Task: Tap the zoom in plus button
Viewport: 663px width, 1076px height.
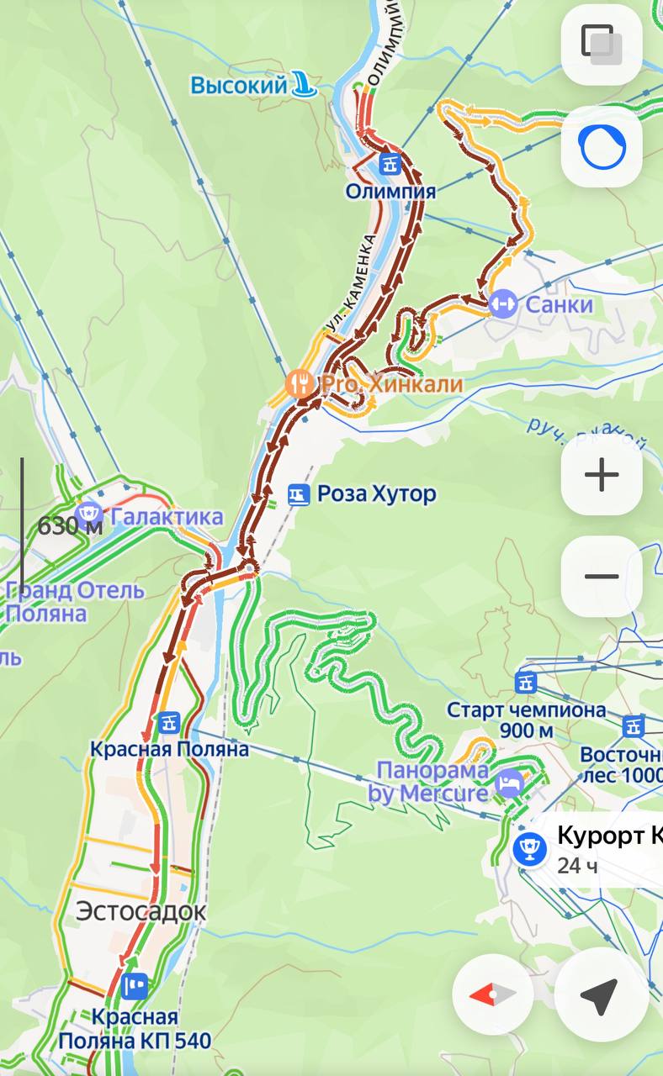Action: (602, 475)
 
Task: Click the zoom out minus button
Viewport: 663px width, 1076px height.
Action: (602, 577)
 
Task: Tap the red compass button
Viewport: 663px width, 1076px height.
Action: (492, 995)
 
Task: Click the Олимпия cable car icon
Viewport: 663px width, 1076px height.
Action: (390, 163)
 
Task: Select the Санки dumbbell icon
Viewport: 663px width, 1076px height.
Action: (502, 303)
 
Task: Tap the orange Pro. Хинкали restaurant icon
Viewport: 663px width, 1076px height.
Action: (299, 384)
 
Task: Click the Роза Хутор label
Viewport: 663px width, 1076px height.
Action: (375, 493)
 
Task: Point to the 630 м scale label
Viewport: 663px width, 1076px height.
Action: (70, 527)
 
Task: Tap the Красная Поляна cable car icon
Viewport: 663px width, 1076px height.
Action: (170, 721)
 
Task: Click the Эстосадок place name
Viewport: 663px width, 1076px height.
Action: (141, 911)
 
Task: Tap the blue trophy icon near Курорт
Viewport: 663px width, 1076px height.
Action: (529, 848)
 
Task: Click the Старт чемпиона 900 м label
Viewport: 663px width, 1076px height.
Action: (526, 720)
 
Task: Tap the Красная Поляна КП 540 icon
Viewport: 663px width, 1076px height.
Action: (135, 985)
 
